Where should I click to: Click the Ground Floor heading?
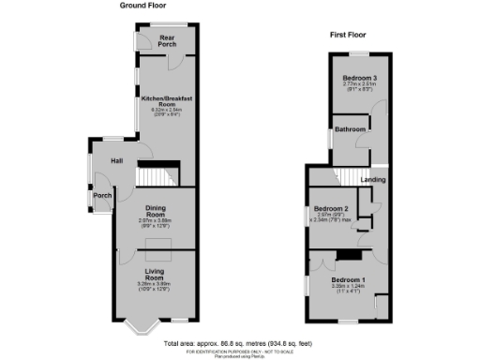[142, 6]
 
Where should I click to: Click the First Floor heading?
[347, 35]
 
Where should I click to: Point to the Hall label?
[117, 161]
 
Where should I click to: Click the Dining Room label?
[154, 212]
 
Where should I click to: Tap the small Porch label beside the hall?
[101, 196]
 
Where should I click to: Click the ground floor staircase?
[154, 175]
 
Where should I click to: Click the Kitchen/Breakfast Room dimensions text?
[166, 112]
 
